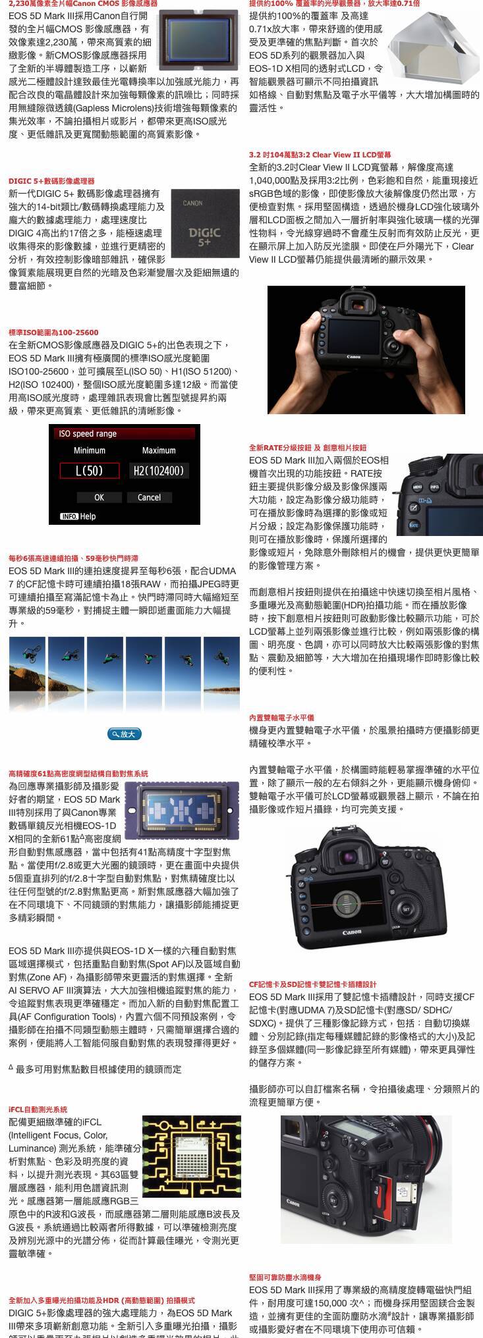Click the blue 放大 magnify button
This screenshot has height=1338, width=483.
tap(124, 734)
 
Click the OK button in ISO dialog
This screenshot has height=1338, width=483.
tap(99, 497)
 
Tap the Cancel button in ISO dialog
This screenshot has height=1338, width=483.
tap(149, 497)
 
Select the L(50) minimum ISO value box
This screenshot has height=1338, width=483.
tap(90, 470)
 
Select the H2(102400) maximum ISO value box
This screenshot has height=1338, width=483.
tap(158, 470)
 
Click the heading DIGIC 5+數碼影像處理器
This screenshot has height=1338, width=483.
tap(51, 180)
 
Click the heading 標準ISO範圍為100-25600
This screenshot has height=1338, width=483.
tap(53, 333)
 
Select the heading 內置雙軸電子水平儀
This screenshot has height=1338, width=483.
tap(281, 718)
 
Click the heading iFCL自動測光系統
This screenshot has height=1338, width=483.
tap(38, 1110)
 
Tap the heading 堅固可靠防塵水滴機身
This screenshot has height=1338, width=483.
tap(285, 1277)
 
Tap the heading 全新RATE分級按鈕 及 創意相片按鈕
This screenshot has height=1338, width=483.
tap(308, 448)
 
